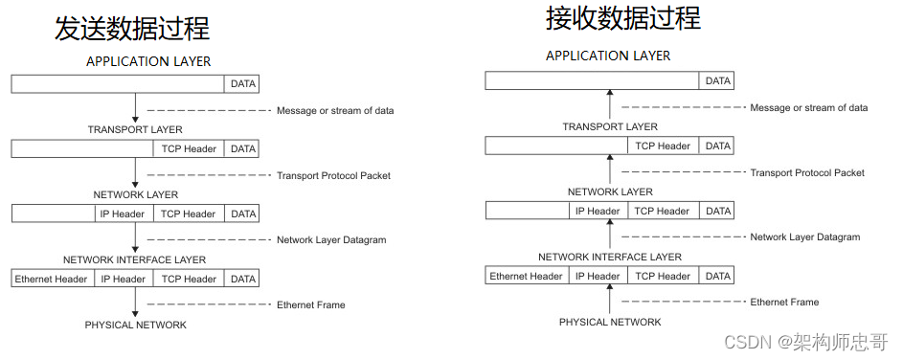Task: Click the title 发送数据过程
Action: [132, 27]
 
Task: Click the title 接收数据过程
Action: [622, 18]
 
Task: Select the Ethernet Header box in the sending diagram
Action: [52, 279]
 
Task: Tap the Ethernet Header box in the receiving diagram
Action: [527, 276]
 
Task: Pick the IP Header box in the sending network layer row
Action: [123, 214]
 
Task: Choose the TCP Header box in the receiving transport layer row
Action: [662, 146]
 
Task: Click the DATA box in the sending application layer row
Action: [243, 84]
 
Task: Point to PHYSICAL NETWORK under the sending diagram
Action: [135, 325]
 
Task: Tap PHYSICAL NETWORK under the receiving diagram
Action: [610, 322]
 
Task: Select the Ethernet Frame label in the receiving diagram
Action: [784, 302]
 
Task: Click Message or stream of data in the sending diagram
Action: [335, 111]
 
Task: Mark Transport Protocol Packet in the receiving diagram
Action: [807, 172]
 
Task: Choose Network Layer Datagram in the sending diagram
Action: [331, 239]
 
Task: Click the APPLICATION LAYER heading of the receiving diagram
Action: [608, 56]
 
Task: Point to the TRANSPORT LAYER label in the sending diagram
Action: [135, 129]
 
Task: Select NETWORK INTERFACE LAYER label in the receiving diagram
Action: [610, 257]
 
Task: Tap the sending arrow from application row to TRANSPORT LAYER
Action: [135, 107]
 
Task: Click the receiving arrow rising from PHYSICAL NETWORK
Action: [610, 300]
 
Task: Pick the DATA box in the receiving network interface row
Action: [717, 276]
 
